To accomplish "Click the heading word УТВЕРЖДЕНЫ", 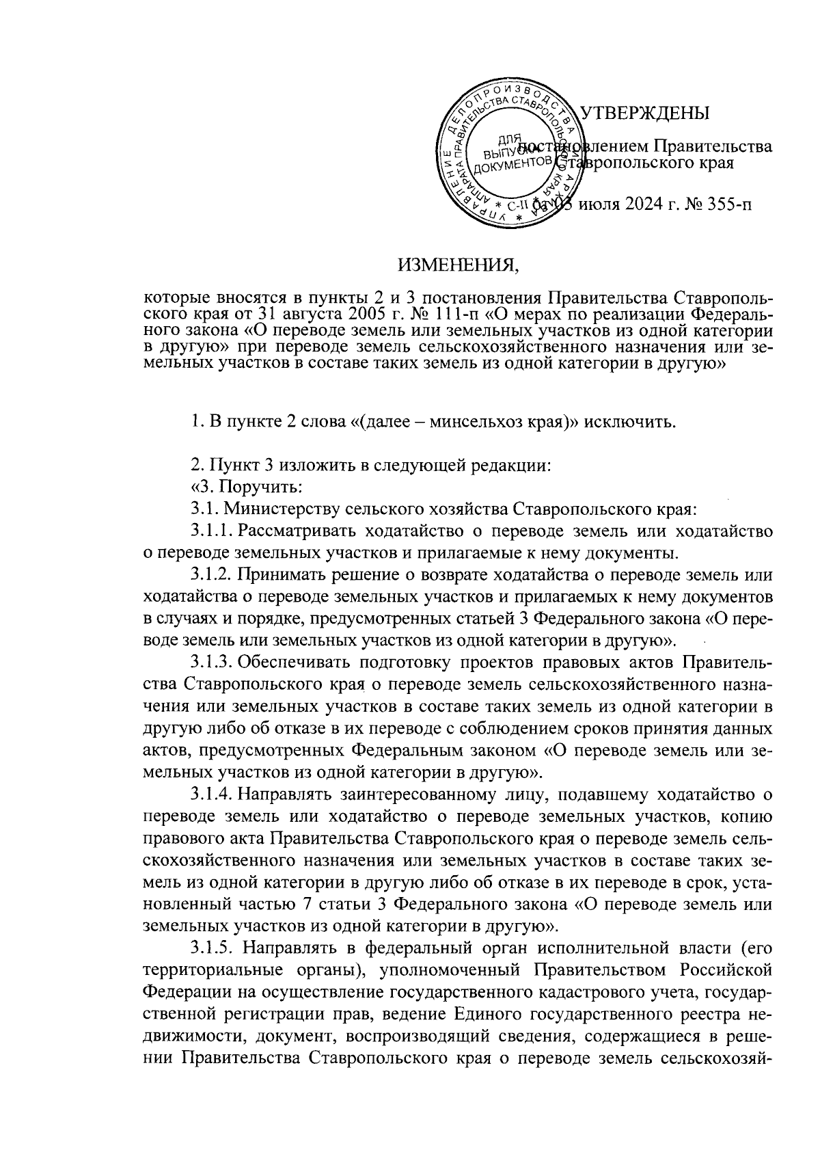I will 644,113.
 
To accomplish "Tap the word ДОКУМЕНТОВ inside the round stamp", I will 507,163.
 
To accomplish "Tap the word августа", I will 306,315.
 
